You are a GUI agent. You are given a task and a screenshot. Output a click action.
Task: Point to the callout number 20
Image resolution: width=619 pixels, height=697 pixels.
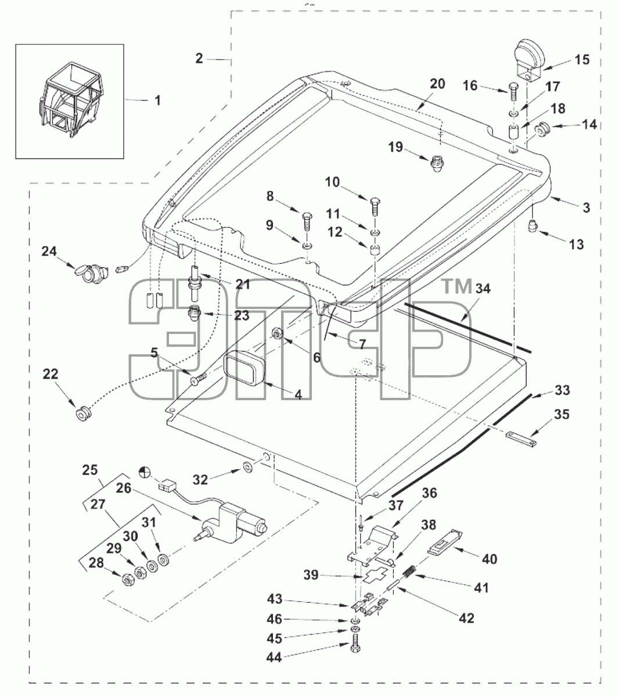437,84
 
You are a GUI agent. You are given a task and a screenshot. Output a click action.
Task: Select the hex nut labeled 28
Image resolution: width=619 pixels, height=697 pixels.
128,581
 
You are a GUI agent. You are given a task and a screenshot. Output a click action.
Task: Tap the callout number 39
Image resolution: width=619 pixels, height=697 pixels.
311,575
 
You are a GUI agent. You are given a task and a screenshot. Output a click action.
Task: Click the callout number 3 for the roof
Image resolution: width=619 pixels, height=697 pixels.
586,208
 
